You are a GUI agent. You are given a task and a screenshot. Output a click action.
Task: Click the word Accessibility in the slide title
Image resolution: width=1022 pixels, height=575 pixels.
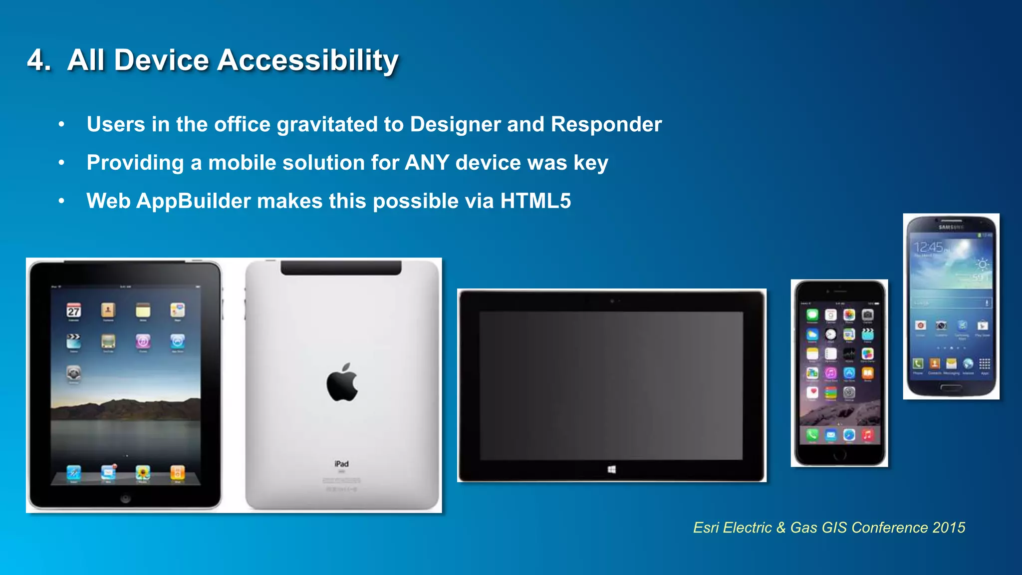point(307,61)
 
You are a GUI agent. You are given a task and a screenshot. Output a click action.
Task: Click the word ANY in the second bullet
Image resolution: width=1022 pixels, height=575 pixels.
point(427,163)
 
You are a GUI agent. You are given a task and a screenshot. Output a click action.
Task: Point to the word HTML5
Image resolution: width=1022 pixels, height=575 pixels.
point(535,201)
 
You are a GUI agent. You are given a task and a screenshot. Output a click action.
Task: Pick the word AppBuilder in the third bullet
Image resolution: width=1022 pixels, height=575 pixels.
point(194,201)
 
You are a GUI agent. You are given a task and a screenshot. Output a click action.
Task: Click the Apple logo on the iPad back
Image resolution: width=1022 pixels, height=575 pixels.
point(342,383)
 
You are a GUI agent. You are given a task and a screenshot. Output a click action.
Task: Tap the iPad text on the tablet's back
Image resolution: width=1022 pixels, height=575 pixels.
point(342,464)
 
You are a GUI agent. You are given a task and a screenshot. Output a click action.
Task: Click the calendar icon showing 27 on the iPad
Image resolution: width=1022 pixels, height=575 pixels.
point(74,311)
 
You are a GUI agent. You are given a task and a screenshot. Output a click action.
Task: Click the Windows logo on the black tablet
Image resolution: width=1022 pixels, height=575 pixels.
point(612,469)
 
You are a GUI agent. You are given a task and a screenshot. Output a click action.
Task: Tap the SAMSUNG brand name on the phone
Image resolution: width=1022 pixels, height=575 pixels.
point(951,227)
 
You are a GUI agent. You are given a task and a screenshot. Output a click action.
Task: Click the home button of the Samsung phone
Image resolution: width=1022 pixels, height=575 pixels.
point(951,387)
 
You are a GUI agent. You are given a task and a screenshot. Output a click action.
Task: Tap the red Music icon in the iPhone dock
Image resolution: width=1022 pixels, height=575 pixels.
point(868,435)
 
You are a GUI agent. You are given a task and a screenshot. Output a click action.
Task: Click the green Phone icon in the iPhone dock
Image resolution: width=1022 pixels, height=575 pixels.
point(812,435)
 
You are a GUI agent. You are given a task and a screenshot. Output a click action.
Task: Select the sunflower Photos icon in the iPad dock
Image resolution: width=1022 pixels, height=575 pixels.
point(143,472)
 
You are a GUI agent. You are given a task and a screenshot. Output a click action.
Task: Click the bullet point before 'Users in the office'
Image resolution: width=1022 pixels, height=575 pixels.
point(61,124)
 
